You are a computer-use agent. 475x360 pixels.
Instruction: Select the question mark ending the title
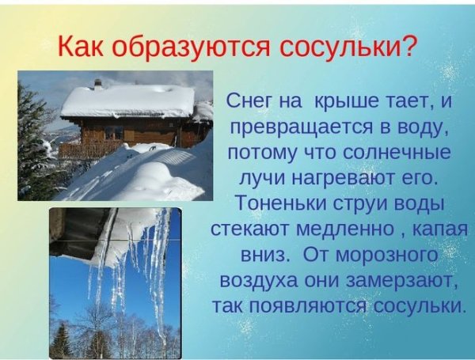click(x=408, y=45)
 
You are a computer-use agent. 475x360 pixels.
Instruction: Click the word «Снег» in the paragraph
click(x=254, y=101)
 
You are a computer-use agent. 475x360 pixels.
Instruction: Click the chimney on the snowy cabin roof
click(x=98, y=84)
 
